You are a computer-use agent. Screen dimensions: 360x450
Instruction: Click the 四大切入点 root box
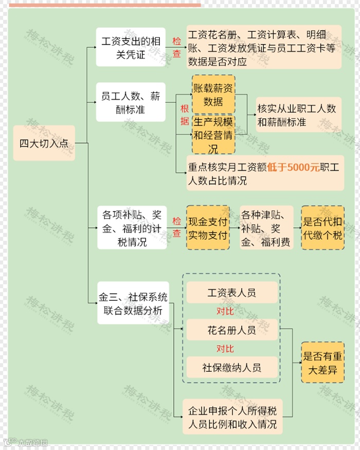coord(44,143)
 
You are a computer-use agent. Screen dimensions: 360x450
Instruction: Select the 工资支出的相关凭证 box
coord(131,47)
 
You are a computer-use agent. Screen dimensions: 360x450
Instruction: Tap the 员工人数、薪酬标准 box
coord(131,102)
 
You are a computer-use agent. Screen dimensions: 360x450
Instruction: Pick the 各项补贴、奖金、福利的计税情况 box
coord(132,227)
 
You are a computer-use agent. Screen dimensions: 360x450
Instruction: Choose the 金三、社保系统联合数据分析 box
coord(133,304)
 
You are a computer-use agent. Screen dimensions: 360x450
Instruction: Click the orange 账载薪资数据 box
coord(213,95)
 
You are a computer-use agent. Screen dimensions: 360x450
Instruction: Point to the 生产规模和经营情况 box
coord(213,135)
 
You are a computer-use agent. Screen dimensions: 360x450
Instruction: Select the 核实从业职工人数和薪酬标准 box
coord(297,115)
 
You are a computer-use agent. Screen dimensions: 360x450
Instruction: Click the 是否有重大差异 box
coord(322,362)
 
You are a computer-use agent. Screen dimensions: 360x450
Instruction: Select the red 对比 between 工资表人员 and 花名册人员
coord(225,311)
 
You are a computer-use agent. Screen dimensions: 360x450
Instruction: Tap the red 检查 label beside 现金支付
coord(176,227)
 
